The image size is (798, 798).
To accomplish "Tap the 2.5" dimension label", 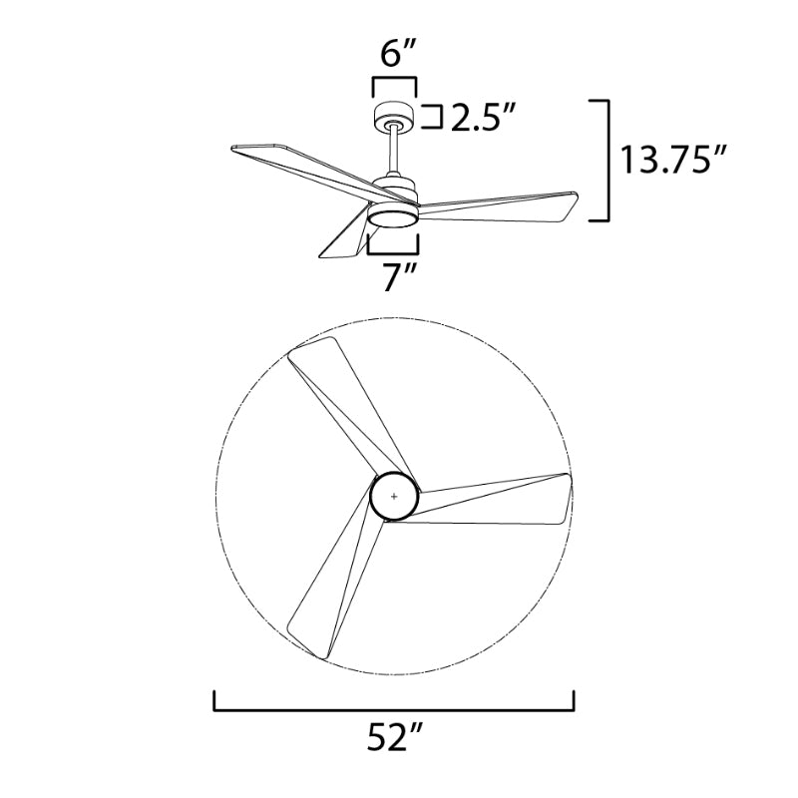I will point(484,119).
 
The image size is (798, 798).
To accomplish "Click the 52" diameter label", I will point(394,739).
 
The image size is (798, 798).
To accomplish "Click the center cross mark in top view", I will point(394,495).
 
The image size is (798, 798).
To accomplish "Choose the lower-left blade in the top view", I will point(329,589).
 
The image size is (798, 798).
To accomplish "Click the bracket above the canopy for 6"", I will point(394,81).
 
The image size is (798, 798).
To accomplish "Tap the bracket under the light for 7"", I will point(394,241).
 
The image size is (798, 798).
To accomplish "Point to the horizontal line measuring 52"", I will point(394,710).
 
